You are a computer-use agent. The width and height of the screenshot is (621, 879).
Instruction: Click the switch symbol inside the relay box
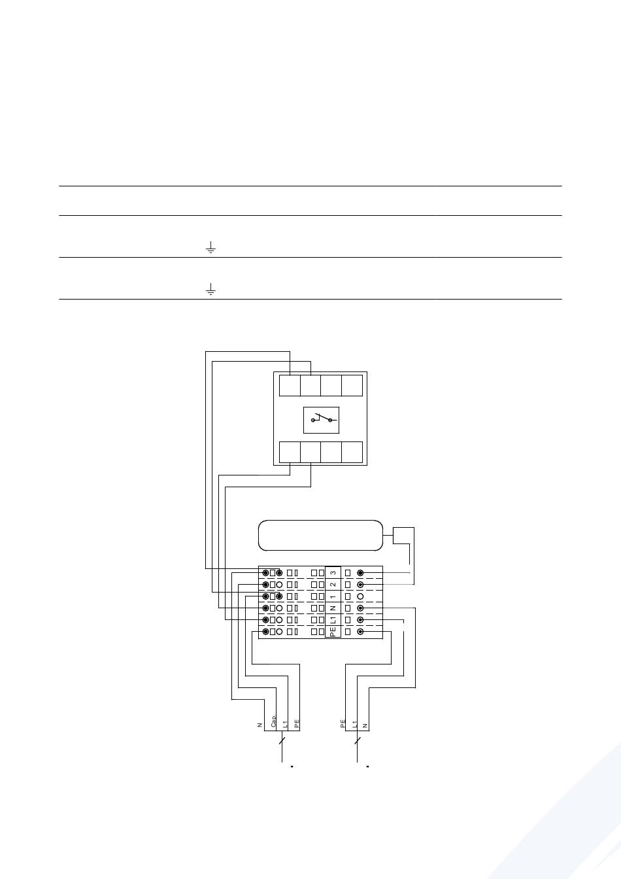[x=324, y=419]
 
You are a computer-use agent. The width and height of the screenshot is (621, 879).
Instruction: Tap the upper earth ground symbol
[x=210, y=247]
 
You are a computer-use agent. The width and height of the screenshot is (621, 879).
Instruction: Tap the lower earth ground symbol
[x=210, y=289]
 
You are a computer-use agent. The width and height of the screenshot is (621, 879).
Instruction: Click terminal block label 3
[x=333, y=573]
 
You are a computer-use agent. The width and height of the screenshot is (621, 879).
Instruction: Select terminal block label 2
[x=333, y=585]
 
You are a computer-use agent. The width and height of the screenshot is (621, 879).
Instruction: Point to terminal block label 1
[x=333, y=596]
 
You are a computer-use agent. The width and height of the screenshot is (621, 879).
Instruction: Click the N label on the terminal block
[x=333, y=608]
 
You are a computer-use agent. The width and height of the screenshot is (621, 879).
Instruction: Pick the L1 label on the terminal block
[x=333, y=620]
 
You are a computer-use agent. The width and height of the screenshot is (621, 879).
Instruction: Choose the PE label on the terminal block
[x=333, y=632]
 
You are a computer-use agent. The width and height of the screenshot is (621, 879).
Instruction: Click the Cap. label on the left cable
[x=274, y=721]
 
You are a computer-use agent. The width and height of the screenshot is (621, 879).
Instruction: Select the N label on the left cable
[x=260, y=725]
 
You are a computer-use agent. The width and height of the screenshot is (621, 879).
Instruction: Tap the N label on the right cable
[x=365, y=726]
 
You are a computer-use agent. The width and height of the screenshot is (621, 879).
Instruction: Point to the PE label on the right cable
[x=343, y=724]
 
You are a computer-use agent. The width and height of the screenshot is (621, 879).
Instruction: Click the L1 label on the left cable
[x=285, y=724]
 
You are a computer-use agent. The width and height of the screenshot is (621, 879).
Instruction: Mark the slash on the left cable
[x=282, y=740]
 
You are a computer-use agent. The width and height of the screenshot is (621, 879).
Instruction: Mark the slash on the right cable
[x=357, y=740]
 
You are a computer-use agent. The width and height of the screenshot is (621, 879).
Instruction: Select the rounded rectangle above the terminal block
[x=320, y=521]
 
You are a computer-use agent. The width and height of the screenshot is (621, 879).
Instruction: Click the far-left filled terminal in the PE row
[x=265, y=632]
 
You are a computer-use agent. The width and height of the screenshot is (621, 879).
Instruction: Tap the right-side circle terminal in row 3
[x=360, y=573]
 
